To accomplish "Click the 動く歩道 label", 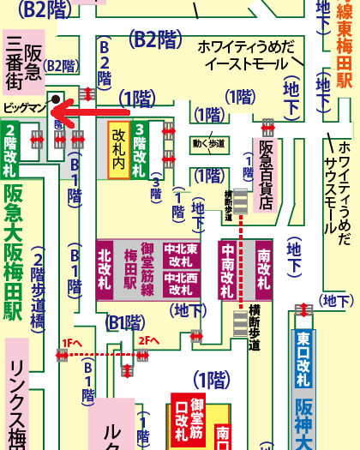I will coord(210,143).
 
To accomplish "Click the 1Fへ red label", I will coord(71,342).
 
